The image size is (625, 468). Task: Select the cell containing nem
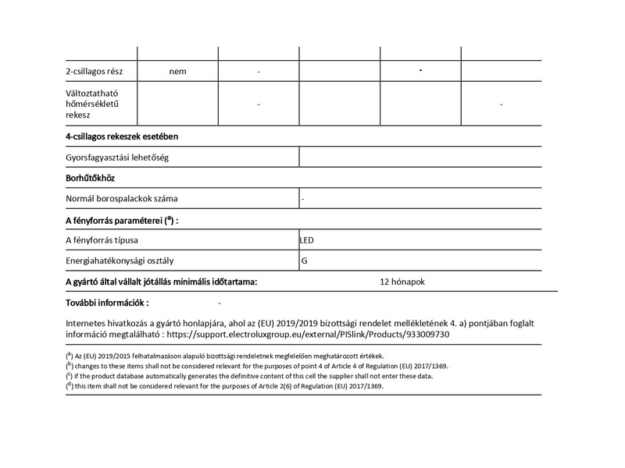[177, 72]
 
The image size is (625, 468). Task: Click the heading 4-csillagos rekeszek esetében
[122, 136]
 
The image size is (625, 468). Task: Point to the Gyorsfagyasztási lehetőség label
[118, 158]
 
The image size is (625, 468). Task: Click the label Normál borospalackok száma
[122, 198]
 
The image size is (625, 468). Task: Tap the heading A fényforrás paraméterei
[120, 220]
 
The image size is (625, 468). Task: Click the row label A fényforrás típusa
[107, 240]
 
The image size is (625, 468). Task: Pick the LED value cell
[307, 240]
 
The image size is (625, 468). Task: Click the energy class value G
[305, 261]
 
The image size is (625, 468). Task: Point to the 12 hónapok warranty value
[402, 281]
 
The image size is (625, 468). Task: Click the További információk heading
[107, 302]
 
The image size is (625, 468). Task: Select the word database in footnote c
[139, 376]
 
